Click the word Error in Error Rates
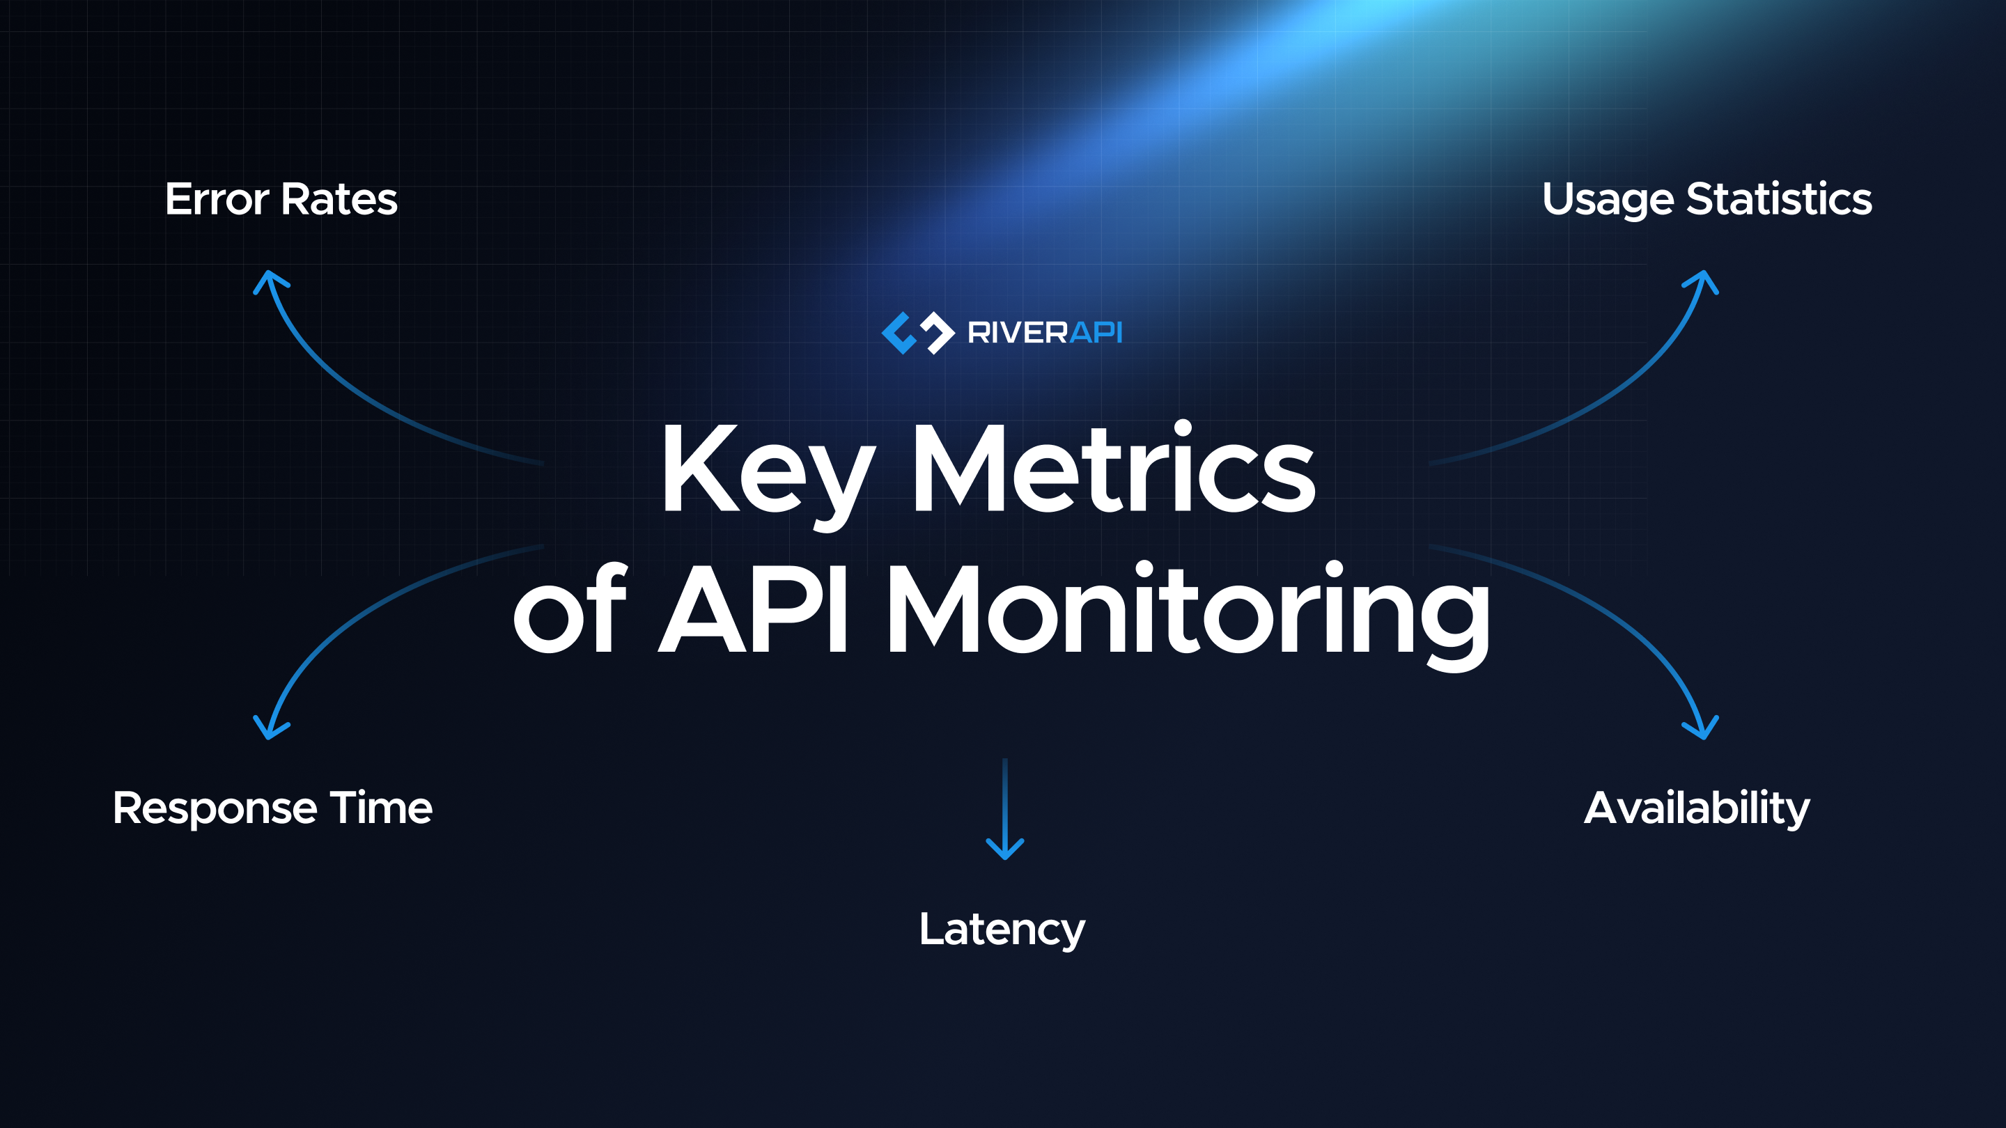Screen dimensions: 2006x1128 217,199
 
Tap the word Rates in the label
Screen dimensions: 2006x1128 339,199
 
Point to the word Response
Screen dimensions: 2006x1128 214,810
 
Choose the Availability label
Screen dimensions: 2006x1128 1697,809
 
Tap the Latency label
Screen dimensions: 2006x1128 1002,930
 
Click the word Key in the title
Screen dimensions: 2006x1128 767,471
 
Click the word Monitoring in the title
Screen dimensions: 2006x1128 1188,615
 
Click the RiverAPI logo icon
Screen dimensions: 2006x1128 917,334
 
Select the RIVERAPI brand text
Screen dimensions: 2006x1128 1044,334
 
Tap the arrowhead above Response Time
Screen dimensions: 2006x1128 270,728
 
